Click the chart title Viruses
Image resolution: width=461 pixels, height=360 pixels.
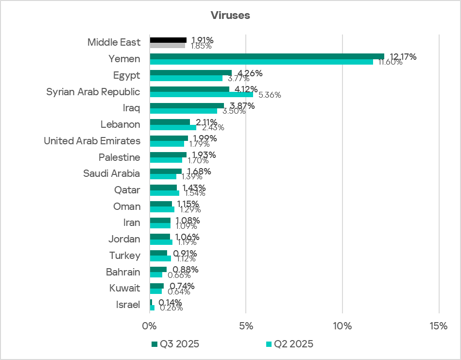(230, 15)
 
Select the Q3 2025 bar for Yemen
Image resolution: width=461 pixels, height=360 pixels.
(267, 56)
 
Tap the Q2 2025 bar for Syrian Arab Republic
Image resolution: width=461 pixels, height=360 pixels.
(201, 95)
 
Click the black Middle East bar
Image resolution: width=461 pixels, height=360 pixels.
(168, 40)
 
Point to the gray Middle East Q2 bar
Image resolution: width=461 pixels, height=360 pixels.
(167, 46)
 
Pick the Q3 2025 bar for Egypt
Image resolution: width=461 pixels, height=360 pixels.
(190, 73)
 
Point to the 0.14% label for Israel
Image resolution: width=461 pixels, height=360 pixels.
(171, 302)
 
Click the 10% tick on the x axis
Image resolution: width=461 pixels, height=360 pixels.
(342, 326)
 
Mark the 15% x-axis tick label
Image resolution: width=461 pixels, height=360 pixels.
(439, 326)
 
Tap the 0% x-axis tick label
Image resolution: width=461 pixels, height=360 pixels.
(150, 326)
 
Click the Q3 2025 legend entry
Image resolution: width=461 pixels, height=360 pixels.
(175, 344)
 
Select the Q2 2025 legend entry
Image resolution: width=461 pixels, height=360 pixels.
(289, 344)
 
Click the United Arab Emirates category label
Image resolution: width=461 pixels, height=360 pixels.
(92, 141)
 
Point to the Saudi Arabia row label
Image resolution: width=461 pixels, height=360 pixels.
(111, 173)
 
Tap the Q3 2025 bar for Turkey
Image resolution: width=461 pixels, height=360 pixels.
(158, 253)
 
